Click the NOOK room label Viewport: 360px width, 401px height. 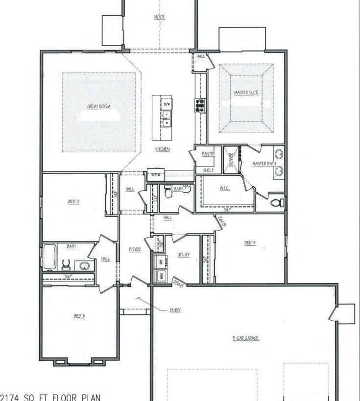[x=160, y=17]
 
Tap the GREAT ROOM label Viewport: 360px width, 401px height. [x=98, y=106]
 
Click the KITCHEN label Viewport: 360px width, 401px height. [x=163, y=149]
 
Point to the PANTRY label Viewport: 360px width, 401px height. [x=208, y=154]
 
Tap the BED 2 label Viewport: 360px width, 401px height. [x=73, y=201]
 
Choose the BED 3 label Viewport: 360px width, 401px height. [x=79, y=316]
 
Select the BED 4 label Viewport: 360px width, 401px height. [x=250, y=243]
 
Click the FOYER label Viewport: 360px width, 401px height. [x=135, y=250]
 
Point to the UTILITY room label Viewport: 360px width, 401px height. [x=184, y=255]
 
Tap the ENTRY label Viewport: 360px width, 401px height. [x=175, y=310]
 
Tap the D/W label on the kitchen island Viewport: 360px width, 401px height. [x=167, y=104]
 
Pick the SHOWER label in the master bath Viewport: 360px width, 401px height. [x=231, y=159]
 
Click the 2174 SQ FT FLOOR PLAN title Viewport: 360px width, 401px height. [x=53, y=397]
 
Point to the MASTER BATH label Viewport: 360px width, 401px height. [x=264, y=164]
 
